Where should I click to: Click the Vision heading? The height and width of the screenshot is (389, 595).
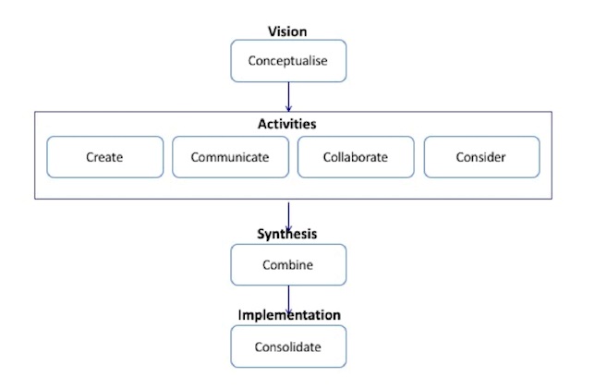(287, 31)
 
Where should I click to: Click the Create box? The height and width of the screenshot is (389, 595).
(104, 157)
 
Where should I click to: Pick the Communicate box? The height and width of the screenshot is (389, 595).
(230, 157)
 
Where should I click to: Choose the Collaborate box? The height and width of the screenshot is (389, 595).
(356, 157)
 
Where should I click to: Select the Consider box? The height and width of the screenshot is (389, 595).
(481, 157)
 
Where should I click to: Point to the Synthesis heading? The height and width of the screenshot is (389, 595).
(286, 234)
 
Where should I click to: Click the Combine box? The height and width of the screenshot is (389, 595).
(287, 265)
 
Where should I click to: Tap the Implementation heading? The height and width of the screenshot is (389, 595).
(287, 314)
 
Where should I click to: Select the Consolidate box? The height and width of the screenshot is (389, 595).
(287, 347)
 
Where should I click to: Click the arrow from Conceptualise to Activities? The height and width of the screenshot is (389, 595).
(289, 97)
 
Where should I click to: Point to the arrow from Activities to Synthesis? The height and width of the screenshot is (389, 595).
(289, 215)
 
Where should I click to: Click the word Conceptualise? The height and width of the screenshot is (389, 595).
(287, 62)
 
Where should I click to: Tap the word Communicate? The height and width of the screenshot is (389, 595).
(230, 157)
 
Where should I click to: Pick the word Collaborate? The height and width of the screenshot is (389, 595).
(356, 157)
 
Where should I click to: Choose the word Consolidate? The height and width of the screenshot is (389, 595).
(287, 347)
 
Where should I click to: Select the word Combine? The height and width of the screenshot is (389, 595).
(287, 265)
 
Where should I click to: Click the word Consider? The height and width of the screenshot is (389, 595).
(481, 157)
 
